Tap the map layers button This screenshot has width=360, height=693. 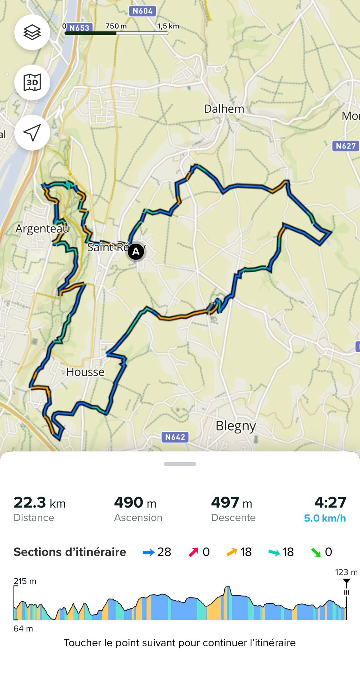(32, 32)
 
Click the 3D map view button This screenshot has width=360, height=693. (32, 83)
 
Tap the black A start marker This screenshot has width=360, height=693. (136, 252)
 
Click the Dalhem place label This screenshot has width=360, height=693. (224, 109)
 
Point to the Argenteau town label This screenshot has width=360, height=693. (42, 229)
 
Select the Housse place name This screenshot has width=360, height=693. (85, 372)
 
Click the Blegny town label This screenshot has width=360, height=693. (235, 426)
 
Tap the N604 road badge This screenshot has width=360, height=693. (142, 11)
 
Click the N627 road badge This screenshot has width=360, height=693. (345, 146)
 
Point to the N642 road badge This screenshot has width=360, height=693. (175, 437)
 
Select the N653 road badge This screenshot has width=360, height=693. (80, 28)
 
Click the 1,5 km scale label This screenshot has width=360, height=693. (168, 26)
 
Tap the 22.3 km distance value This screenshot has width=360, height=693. (40, 503)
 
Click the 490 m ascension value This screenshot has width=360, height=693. (135, 503)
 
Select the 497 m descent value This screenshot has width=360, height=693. (232, 503)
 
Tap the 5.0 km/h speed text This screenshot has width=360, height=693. (325, 518)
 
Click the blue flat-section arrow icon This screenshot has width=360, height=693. (149, 553)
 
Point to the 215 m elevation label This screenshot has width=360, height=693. (25, 581)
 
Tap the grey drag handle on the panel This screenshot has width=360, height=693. (180, 464)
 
